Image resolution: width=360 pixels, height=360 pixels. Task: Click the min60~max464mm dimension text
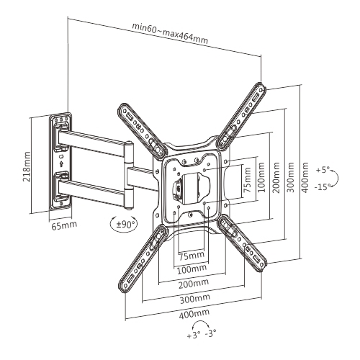point(170,34)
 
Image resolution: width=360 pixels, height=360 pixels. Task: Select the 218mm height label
point(27,166)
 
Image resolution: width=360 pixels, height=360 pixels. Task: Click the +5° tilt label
point(323,171)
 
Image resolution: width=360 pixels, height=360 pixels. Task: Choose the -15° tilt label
point(324,186)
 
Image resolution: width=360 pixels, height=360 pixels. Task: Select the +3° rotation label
point(194,336)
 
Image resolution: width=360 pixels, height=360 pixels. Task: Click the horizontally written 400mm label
point(196,314)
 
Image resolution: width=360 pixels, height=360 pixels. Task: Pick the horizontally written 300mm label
point(195,298)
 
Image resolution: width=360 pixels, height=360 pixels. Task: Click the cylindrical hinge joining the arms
point(129,166)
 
